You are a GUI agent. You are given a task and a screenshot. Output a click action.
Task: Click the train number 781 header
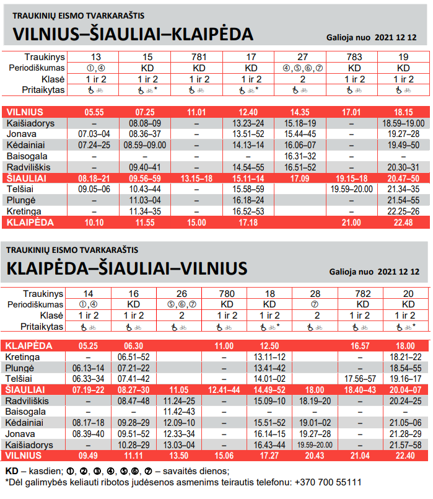tap(199, 56)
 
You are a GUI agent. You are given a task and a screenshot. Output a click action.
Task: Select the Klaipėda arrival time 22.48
tap(403, 223)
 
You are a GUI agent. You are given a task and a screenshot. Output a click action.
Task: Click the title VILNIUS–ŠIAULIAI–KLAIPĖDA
tap(133, 33)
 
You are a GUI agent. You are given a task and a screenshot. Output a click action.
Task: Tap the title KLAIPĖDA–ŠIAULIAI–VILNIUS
tap(127, 268)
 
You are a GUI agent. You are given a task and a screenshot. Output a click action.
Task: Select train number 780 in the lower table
tap(224, 293)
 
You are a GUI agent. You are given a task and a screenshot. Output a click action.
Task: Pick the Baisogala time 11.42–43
tap(178, 412)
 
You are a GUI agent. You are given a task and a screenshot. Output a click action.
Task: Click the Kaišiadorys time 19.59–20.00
tap(315, 445)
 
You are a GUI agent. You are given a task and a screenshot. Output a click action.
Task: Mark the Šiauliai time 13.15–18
tap(199, 179)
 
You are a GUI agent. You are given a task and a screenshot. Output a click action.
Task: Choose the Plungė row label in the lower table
tap(20, 368)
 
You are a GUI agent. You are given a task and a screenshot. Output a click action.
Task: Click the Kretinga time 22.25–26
tap(403, 211)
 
